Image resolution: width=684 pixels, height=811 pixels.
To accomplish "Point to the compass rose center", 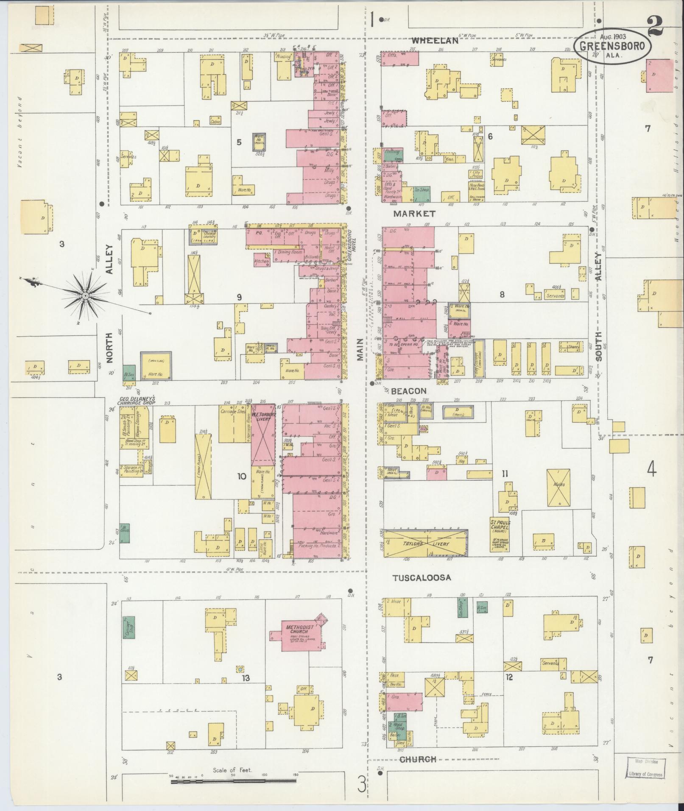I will pyautogui.click(x=85, y=295).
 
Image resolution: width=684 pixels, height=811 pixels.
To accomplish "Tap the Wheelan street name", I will pyautogui.click(x=435, y=41).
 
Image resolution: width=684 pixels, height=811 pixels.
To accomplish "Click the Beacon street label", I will pyautogui.click(x=409, y=390).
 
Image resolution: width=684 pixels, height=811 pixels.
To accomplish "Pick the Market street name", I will pyautogui.click(x=414, y=213).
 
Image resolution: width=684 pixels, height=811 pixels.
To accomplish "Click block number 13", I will pyautogui.click(x=246, y=678).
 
